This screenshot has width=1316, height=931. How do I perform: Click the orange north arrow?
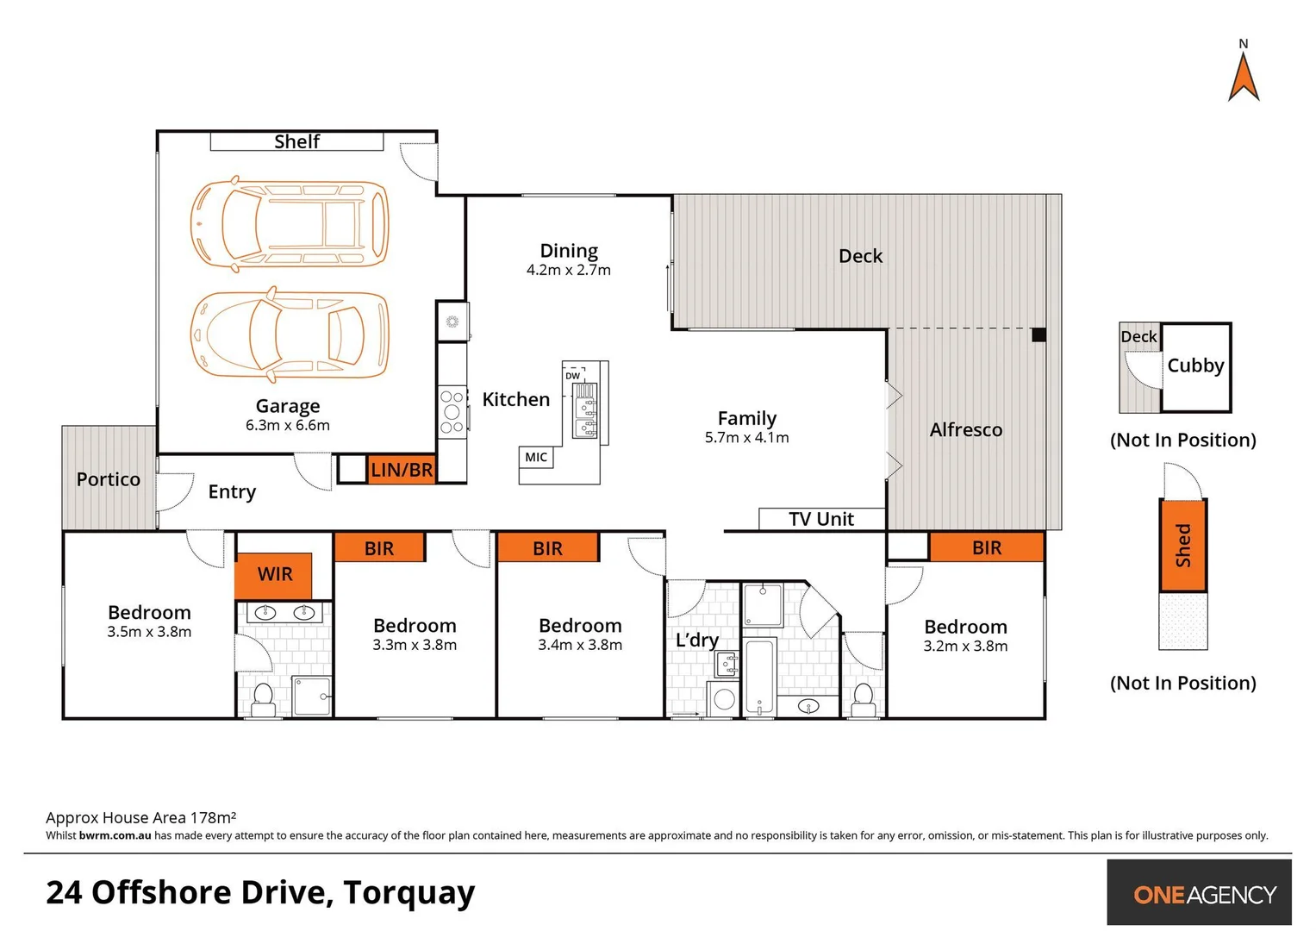coord(1244,78)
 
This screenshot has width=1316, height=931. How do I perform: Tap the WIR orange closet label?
coord(274,574)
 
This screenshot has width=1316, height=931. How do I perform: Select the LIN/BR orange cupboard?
coord(402,470)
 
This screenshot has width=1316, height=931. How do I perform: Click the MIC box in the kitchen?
coord(536,457)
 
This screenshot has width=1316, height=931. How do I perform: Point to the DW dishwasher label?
coord(573,376)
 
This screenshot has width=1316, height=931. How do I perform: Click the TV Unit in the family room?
coord(821,519)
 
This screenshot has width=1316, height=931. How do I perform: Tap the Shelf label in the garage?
coord(296,141)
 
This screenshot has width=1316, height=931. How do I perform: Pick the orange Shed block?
coord(1183,545)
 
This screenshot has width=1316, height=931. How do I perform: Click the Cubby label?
coord(1195,366)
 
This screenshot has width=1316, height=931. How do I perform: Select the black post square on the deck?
coord(1038,334)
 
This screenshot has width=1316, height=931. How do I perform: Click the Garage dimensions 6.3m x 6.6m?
coord(288,425)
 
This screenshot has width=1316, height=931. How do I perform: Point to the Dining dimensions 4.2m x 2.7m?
coord(569,270)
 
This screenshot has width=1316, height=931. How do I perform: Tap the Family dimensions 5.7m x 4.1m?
coord(746,438)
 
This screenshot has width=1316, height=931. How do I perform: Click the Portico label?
coord(108,479)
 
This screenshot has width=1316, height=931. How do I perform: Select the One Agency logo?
coord(1204,894)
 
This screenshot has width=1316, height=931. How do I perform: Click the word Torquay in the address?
coord(409,892)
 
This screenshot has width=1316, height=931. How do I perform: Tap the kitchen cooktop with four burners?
coord(452,412)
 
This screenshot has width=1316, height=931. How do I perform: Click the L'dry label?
coord(696,640)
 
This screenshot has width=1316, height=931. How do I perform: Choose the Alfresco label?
coord(965,429)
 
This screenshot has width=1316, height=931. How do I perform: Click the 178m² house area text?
coord(212,817)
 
